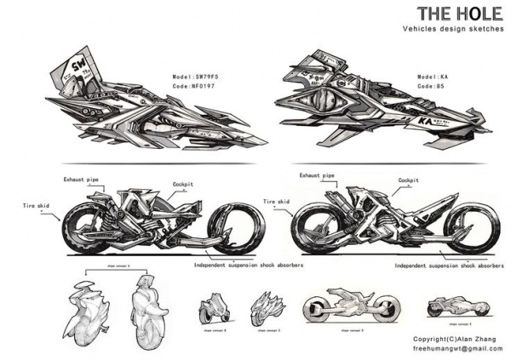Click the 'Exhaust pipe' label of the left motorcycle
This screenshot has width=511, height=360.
[x=83, y=180]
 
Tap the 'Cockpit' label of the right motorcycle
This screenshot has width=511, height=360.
[x=410, y=180]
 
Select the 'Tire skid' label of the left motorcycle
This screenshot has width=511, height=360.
[x=37, y=205]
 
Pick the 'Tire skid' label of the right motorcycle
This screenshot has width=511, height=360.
[x=276, y=202]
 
